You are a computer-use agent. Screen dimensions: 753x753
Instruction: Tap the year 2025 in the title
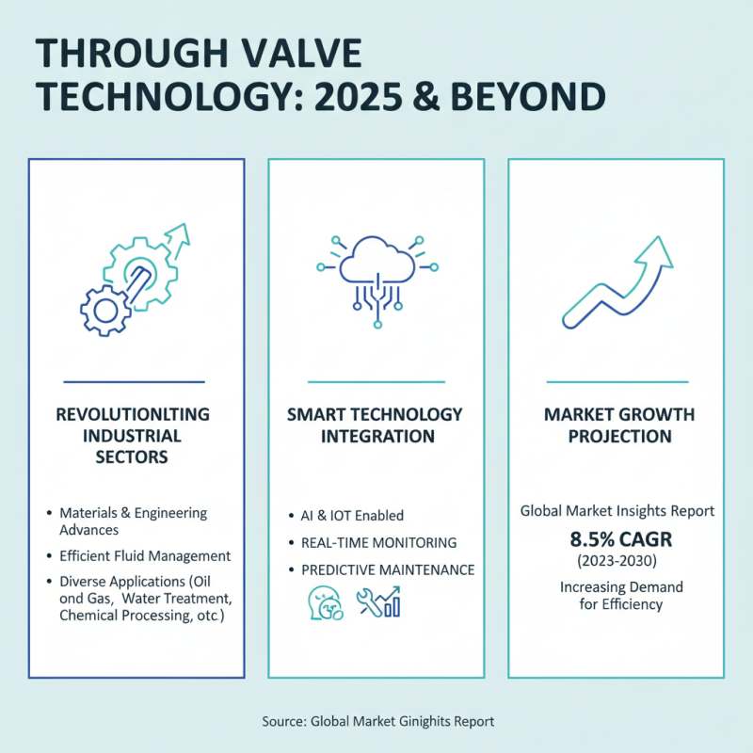pos(393,97)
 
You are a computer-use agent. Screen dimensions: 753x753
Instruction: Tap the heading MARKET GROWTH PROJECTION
pos(619,425)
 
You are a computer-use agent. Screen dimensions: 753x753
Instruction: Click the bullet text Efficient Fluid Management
pos(145,555)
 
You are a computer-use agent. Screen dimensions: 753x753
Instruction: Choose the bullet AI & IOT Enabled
pos(352,515)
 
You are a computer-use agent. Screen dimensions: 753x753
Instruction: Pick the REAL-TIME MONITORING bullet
pos(378,543)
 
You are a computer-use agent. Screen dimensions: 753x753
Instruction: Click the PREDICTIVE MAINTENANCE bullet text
pos(387,570)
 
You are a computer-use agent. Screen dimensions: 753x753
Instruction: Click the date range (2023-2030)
pos(619,563)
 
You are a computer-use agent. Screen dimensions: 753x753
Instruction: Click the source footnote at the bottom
pos(376,721)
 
